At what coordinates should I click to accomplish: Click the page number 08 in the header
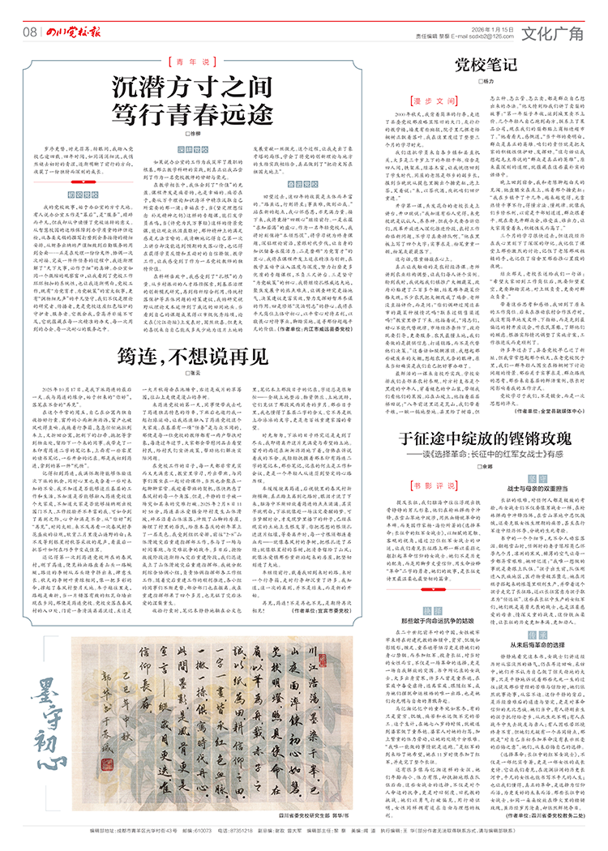click(x=28, y=32)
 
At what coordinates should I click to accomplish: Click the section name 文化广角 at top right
click(x=551, y=32)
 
